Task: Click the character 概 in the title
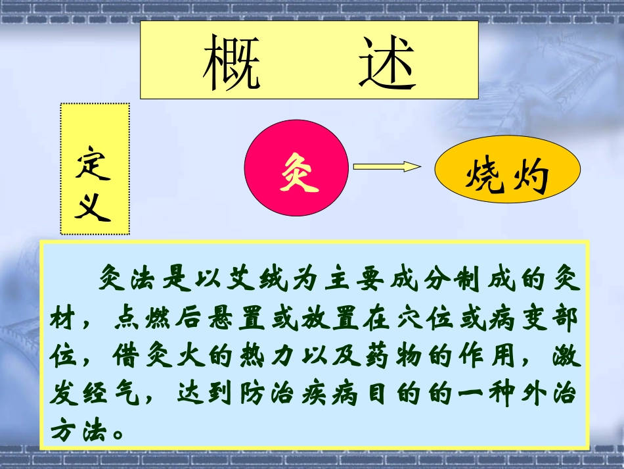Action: tap(231, 62)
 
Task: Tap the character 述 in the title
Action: tap(387, 62)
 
